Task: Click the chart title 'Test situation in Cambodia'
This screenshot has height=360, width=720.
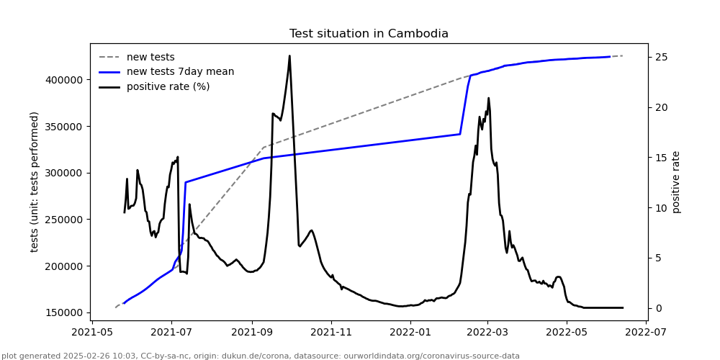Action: click(369, 34)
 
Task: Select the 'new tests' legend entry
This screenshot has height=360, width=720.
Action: click(150, 57)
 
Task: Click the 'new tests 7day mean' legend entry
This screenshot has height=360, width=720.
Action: click(180, 72)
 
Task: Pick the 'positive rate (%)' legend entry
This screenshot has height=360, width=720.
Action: click(168, 87)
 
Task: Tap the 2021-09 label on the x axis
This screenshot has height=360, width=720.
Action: click(251, 334)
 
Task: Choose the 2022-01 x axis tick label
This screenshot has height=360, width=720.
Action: click(410, 334)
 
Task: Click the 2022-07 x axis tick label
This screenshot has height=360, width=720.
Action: click(647, 334)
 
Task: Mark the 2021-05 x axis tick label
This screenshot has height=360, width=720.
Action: click(92, 334)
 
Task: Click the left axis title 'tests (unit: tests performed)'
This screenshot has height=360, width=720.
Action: click(35, 181)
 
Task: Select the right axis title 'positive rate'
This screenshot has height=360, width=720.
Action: click(676, 181)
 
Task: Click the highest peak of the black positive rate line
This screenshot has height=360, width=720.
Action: click(289, 56)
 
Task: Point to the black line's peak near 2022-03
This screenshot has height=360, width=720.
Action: click(488, 99)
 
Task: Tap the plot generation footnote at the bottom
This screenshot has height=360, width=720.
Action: click(261, 356)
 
